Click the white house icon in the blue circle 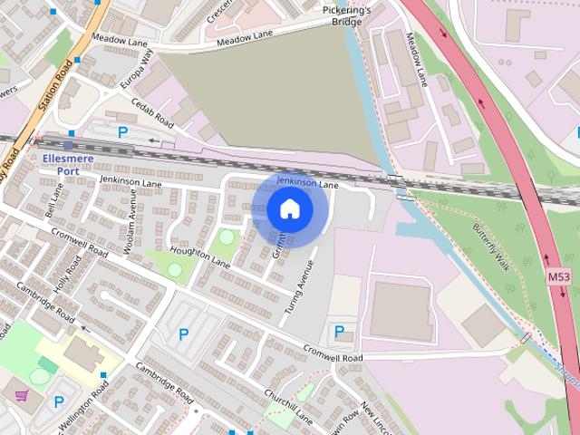click(290, 209)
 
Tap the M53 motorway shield click(559, 275)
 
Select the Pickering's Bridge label click(347, 15)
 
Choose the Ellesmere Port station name click(68, 164)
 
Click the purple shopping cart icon click(22, 395)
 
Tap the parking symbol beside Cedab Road click(123, 132)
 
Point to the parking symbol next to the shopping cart click(60, 401)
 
